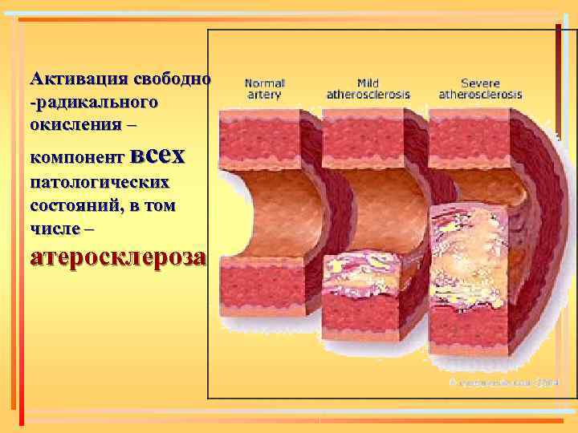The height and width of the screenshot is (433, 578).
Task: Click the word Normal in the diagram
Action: pyautogui.click(x=264, y=83)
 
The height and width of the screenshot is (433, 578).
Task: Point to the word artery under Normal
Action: pyautogui.click(x=264, y=94)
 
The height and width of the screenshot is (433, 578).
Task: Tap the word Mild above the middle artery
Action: pyautogui.click(x=368, y=83)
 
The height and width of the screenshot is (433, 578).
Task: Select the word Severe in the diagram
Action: pyautogui.click(x=480, y=83)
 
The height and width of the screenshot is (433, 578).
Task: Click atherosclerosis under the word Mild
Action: pyautogui.click(x=368, y=94)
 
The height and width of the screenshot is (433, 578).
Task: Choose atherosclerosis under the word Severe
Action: pyautogui.click(x=480, y=94)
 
